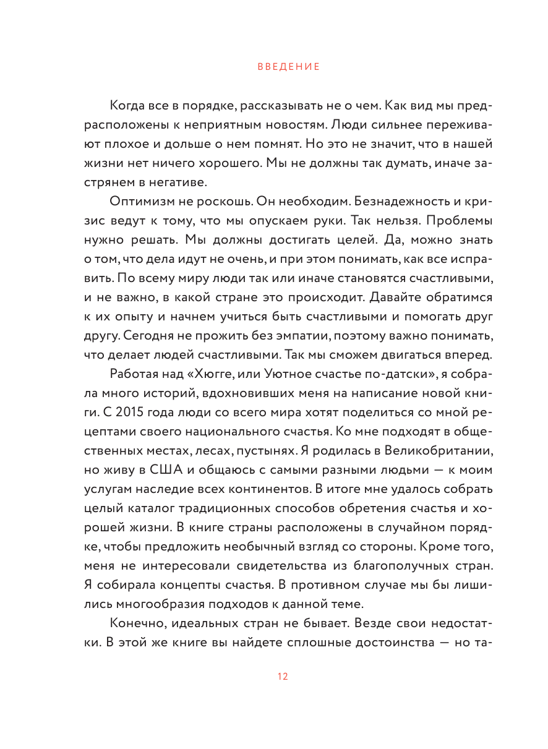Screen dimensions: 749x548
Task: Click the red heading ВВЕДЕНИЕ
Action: pyautogui.click(x=289, y=67)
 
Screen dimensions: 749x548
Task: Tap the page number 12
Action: pyautogui.click(x=283, y=677)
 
